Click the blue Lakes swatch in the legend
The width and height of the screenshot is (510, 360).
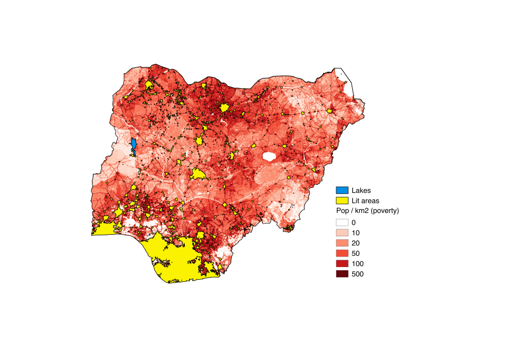342,190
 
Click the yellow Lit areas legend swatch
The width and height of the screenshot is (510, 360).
342,201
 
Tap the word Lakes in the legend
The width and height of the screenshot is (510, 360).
361,190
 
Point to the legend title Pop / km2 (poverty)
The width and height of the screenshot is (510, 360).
367,211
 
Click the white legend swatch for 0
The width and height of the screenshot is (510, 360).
342,222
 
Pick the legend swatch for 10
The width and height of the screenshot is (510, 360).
342,233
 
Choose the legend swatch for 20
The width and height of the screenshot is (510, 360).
342,243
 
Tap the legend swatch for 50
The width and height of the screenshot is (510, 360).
342,253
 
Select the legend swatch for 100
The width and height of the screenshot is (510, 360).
342,263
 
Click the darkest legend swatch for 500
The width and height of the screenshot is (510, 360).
342,274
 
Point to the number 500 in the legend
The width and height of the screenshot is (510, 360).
358,274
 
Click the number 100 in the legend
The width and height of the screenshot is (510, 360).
358,263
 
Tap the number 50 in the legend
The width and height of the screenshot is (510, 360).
355,253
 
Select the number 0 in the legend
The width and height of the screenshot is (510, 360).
354,222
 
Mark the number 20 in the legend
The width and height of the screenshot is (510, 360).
355,243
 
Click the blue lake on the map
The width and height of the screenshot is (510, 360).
133,146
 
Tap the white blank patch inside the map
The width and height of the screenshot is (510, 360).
269,157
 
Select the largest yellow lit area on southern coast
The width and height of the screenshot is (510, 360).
178,260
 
